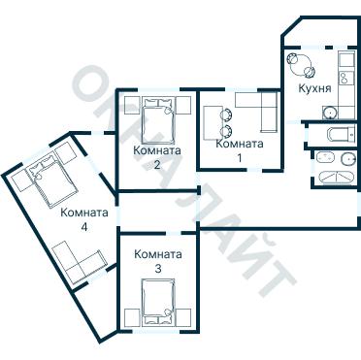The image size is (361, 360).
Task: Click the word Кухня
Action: [314, 88]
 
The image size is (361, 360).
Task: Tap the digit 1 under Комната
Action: [240, 158]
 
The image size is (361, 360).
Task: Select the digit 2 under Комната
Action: [157, 165]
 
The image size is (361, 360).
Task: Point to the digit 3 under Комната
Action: [158, 269]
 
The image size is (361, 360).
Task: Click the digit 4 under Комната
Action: [84, 227]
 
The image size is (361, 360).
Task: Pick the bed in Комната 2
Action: [158, 121]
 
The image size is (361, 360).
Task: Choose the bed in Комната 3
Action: [158, 302]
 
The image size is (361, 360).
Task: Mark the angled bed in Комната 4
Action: [51, 180]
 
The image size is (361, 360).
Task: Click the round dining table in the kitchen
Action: [300, 64]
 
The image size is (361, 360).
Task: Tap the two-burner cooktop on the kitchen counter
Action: [344, 78]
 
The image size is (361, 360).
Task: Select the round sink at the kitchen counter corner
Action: [330, 113]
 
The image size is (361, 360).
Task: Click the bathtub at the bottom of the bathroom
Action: [336, 178]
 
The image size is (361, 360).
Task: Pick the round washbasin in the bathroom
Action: [347, 159]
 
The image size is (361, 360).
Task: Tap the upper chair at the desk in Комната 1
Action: [226, 115]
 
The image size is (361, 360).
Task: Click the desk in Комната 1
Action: [213, 122]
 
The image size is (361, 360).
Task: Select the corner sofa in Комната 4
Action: [80, 262]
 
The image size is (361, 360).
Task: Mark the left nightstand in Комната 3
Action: [132, 317]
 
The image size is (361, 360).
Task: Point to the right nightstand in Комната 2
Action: [183, 105]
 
